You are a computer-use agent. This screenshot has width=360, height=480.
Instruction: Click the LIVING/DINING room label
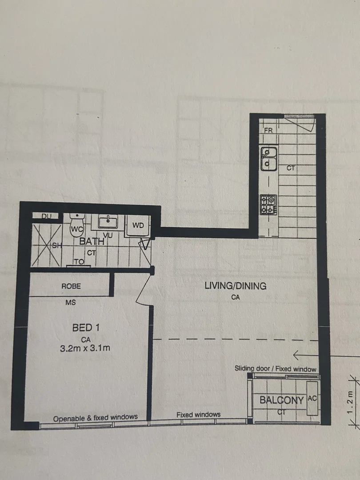point(236,286)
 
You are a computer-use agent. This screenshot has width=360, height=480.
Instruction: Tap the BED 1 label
point(86,328)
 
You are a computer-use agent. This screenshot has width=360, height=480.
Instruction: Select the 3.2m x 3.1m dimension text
point(85,348)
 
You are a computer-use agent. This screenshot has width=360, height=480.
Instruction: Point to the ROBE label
point(71,286)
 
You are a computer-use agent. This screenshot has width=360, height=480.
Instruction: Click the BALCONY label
point(282,400)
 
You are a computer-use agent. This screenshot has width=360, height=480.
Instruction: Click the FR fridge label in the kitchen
point(268,130)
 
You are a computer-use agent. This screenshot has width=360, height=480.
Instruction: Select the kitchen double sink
point(269,159)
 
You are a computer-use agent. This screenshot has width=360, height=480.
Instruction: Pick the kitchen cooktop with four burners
point(268,205)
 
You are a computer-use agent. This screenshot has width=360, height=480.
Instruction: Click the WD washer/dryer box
point(138,226)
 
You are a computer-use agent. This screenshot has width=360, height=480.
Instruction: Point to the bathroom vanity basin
point(108,221)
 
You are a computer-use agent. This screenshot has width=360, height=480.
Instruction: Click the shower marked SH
point(47,245)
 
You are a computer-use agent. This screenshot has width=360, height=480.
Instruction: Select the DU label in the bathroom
point(47,216)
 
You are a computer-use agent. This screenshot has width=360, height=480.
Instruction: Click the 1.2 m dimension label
point(351,402)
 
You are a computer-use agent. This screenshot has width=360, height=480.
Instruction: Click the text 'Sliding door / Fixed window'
point(275,368)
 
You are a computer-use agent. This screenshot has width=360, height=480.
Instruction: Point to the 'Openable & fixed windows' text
point(95,418)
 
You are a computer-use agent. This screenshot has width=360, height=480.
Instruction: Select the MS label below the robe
point(70,303)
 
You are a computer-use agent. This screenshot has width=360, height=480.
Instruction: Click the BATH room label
point(92,241)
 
